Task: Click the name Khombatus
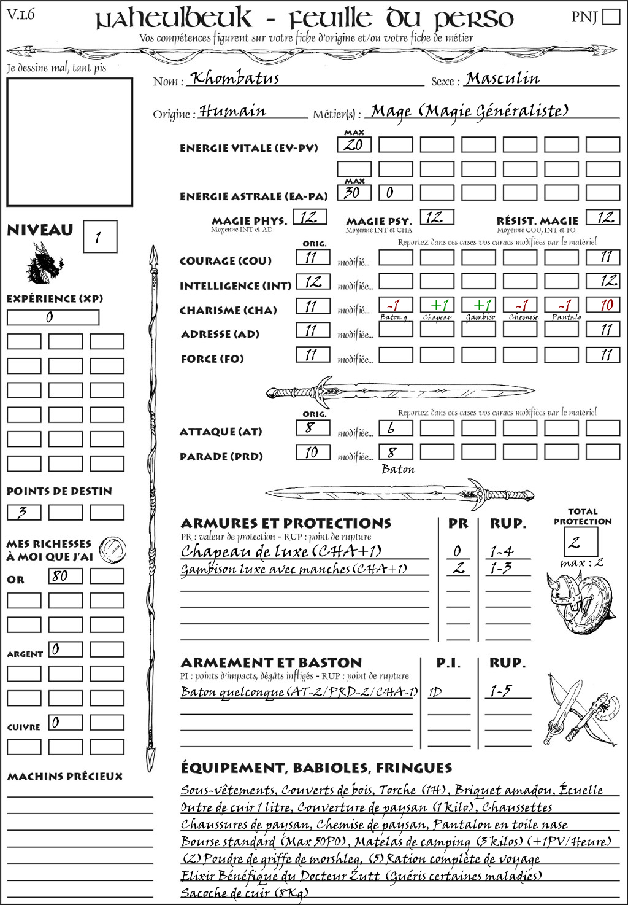(x=234, y=79)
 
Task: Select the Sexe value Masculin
(x=502, y=79)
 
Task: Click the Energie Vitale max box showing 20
(x=354, y=145)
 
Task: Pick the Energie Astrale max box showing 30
(x=354, y=192)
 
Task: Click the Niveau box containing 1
(x=99, y=237)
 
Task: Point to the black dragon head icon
(x=45, y=264)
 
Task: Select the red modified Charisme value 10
(x=605, y=305)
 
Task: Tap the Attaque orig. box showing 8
(x=313, y=428)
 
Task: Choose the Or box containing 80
(x=65, y=576)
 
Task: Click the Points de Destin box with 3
(x=24, y=512)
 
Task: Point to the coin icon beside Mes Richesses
(x=113, y=548)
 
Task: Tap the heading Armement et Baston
(x=271, y=662)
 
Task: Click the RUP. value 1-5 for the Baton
(x=500, y=691)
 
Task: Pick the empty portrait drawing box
(x=69, y=142)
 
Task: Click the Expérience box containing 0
(x=53, y=317)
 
